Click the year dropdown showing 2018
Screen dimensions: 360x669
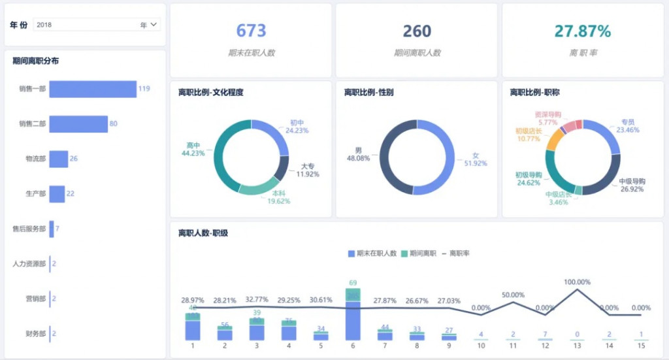tap(96, 25)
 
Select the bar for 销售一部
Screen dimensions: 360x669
tap(93, 89)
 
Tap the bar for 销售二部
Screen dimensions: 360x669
tap(78, 124)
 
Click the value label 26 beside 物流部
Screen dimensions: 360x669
tap(74, 159)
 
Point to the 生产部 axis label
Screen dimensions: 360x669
tap(35, 194)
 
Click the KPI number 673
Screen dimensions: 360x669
tap(251, 31)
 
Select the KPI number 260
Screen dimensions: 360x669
tap(417, 31)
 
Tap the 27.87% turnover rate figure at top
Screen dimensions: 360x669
tap(583, 31)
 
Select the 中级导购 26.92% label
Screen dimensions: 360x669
tap(632, 185)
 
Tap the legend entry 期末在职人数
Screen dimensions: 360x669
tap(372, 253)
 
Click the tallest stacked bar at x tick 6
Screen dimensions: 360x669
tap(353, 317)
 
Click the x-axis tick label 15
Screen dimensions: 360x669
tap(642, 345)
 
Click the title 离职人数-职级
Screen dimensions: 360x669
tap(203, 233)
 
